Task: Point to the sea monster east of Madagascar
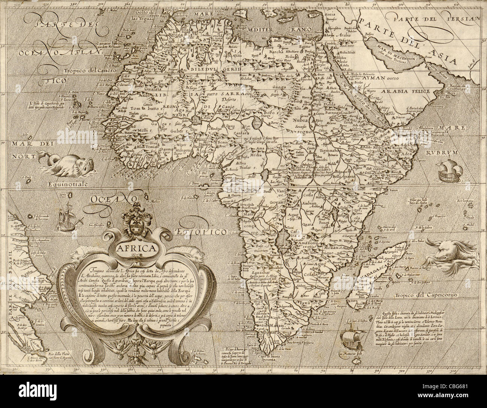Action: (443, 253)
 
